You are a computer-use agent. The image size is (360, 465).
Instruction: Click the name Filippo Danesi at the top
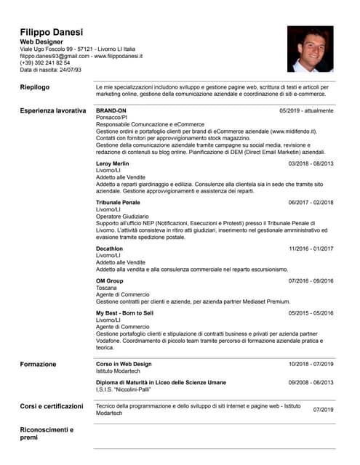pos(51,33)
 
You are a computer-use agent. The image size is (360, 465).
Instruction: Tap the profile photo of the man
pos(310,49)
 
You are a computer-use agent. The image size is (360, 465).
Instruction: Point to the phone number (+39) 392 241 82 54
pos(45,63)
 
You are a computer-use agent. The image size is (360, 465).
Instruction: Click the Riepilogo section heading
pos(35,87)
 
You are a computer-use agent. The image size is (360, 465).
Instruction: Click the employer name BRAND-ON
pos(111,110)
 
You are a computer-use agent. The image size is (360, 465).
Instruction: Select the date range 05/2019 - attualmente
pos(306,110)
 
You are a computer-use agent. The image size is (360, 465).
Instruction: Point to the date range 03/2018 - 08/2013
pos(311,163)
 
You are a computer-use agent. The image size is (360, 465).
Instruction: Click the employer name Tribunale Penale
pos(118,202)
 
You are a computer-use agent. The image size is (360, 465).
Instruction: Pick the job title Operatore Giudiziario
pos(122,217)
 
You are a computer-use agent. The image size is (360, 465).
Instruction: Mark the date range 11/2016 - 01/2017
pos(311,248)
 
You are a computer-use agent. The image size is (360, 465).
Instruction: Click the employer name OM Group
pos(110,280)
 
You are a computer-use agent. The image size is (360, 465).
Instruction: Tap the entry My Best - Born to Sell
pos(124,312)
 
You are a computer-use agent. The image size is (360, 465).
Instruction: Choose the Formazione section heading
pos(38,364)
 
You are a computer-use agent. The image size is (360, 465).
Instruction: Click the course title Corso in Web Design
pos(124,364)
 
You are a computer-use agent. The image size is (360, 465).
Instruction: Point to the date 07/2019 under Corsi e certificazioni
pos(323,410)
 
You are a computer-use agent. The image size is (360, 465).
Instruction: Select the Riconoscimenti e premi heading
pos(47,434)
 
